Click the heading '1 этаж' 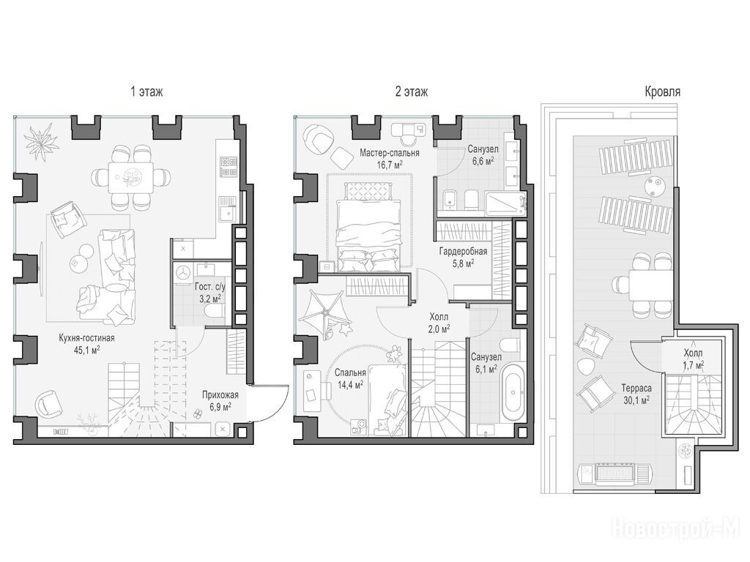tap(146, 91)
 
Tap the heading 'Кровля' tap(662, 91)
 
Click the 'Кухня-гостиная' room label tap(86, 338)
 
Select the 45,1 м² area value tap(86, 350)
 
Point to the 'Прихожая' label tap(220, 395)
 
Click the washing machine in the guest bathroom tap(184, 273)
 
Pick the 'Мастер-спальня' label tap(390, 153)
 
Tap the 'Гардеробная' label tap(463, 252)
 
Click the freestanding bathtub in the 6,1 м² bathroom tap(512, 393)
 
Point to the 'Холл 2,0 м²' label tap(439, 323)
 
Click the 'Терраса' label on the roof tap(636, 389)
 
